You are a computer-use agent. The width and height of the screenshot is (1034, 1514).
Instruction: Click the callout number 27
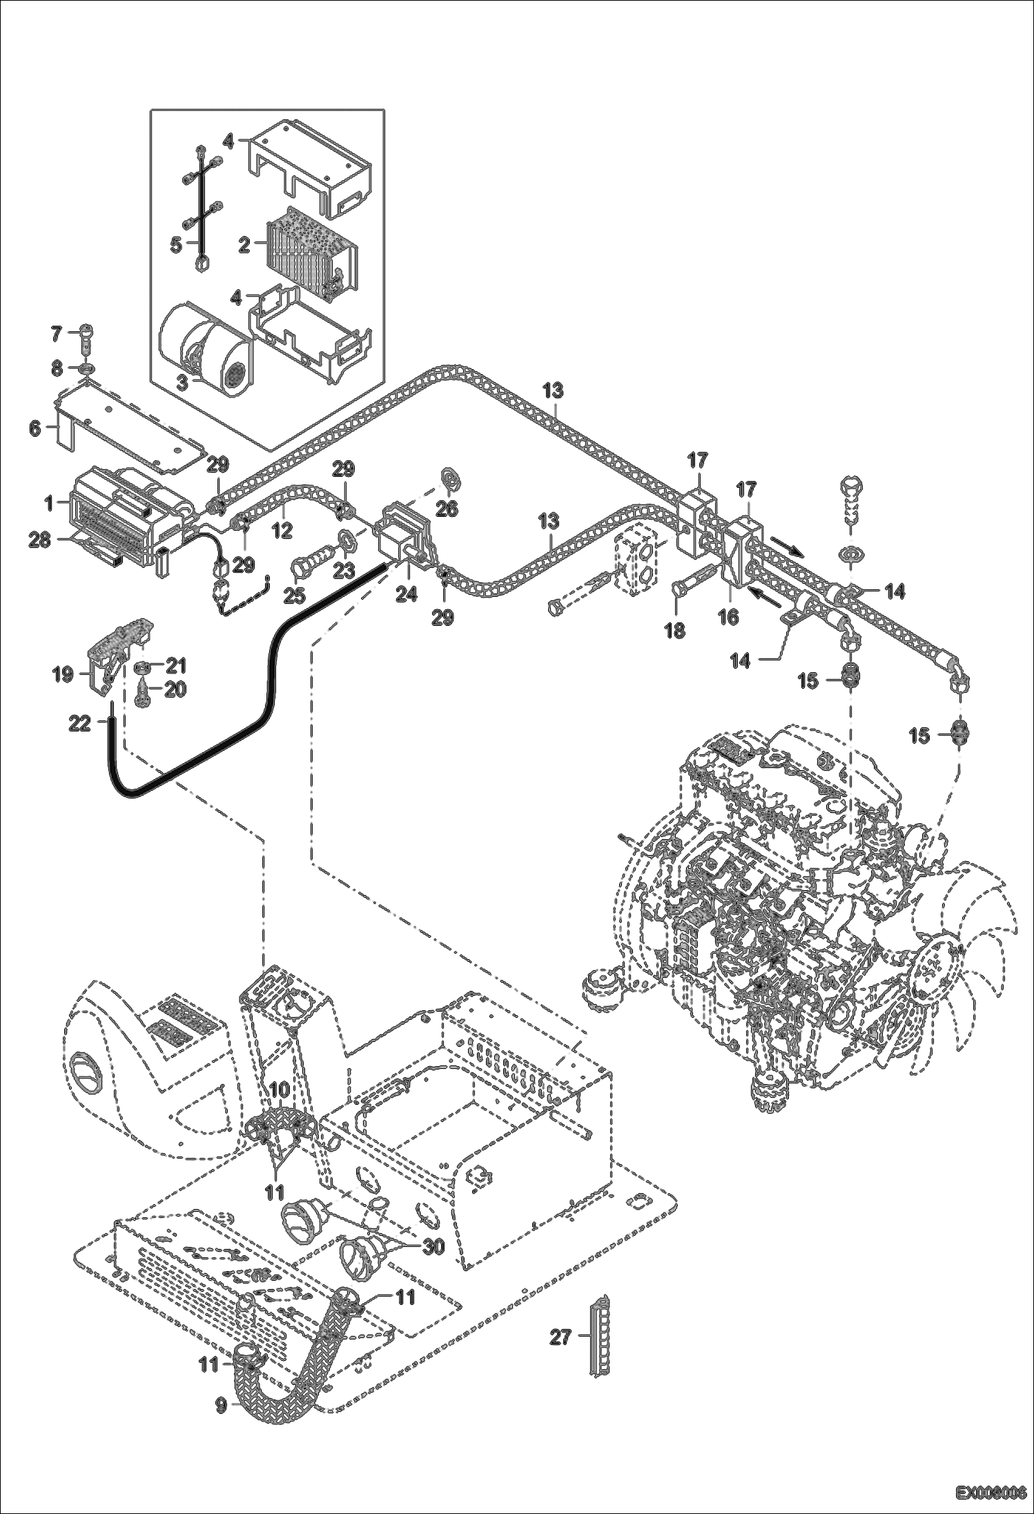[560, 1337]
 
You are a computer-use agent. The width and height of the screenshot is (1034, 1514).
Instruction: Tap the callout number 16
[728, 617]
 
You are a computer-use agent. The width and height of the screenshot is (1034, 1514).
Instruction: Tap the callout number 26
[447, 509]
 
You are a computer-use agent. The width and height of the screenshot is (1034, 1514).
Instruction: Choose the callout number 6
[35, 429]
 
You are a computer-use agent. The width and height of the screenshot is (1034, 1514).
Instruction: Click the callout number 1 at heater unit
[49, 504]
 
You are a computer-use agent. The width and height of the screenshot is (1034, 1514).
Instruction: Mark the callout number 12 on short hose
[282, 529]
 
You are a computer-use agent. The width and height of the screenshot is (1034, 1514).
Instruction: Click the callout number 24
[406, 593]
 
